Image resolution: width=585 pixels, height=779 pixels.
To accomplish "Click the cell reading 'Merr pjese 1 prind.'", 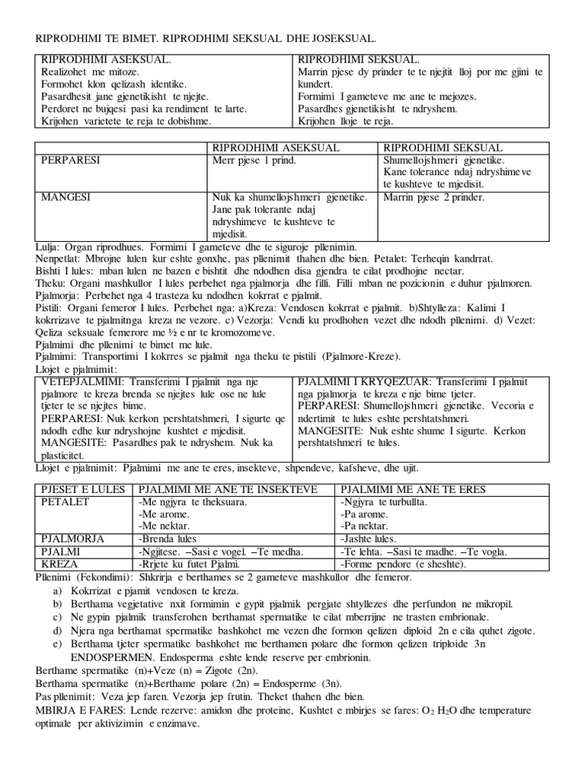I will pyautogui.click(x=254, y=161).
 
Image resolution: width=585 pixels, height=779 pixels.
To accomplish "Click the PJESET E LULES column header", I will pyautogui.click(x=83, y=489).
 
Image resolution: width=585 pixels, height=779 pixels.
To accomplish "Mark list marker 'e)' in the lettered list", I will pyautogui.click(x=57, y=644).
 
